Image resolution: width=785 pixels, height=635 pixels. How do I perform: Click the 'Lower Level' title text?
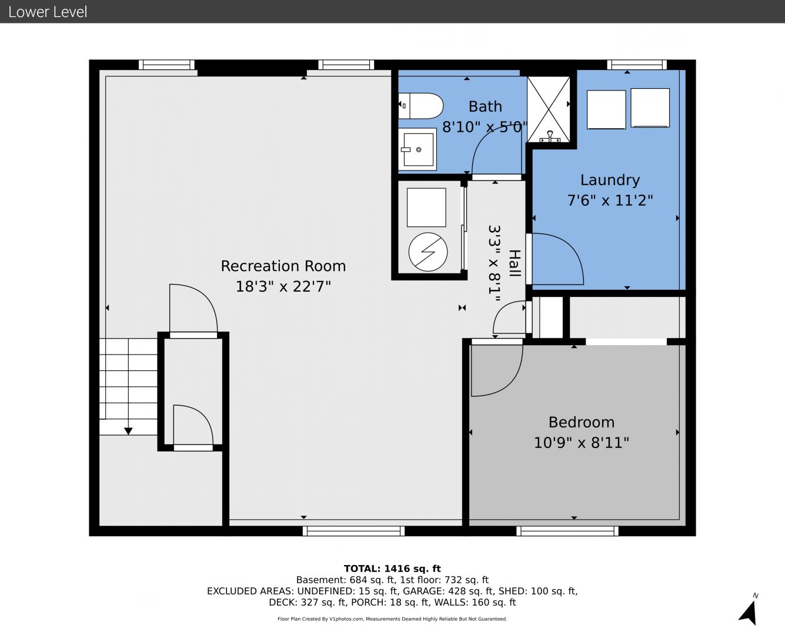click(48, 12)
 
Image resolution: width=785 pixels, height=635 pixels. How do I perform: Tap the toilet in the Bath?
click(420, 106)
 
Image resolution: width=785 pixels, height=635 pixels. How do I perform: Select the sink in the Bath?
click(417, 149)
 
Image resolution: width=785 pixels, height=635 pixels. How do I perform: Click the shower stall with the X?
click(549, 109)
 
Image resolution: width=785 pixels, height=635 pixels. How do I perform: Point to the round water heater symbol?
click(428, 252)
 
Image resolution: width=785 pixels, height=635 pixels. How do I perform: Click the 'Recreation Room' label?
click(283, 266)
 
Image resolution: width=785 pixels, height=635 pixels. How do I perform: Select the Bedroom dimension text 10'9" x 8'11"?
click(581, 442)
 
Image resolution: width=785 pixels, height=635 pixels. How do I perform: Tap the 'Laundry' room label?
click(610, 181)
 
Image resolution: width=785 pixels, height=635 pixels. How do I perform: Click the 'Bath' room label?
click(485, 106)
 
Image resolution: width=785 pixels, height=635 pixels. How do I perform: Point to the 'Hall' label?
click(515, 263)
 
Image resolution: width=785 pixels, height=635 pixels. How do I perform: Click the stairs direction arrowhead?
click(128, 431)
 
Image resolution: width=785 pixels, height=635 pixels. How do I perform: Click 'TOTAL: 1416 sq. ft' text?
click(392, 569)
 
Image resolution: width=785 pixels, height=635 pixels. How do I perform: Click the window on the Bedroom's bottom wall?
click(567, 531)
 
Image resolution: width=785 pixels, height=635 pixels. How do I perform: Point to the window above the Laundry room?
click(637, 65)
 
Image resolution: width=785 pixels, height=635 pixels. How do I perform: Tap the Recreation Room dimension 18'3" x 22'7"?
click(283, 286)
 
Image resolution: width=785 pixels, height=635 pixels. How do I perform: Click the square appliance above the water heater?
click(426, 208)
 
